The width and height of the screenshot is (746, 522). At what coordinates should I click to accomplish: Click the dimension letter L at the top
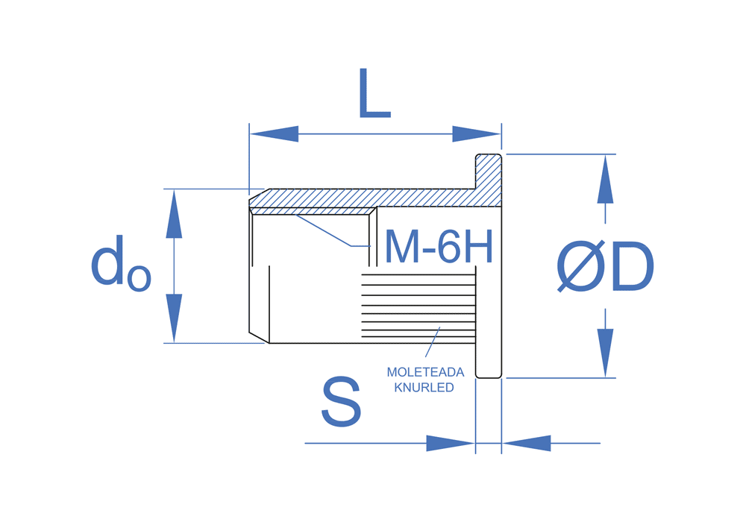point(374,94)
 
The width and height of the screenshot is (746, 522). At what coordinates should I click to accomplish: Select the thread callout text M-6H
point(439,247)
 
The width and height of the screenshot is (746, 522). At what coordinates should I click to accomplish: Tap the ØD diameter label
point(606,267)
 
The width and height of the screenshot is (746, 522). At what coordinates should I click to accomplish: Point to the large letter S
point(341,402)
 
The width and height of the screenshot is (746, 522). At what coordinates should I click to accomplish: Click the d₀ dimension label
point(120,265)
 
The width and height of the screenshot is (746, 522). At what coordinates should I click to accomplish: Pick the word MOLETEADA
point(425,372)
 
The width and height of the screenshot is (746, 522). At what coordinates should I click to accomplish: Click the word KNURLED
point(424,388)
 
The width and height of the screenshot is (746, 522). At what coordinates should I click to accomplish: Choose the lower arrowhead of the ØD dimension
point(605,353)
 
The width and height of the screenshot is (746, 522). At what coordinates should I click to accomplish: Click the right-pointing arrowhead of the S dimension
point(451,443)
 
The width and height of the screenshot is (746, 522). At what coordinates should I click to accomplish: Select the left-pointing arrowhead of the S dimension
point(527,443)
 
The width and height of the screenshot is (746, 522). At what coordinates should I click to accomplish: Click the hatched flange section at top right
point(489,179)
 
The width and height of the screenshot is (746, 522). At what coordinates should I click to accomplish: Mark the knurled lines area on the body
point(418,306)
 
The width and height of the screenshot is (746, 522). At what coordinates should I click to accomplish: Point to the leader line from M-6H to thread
point(325,230)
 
